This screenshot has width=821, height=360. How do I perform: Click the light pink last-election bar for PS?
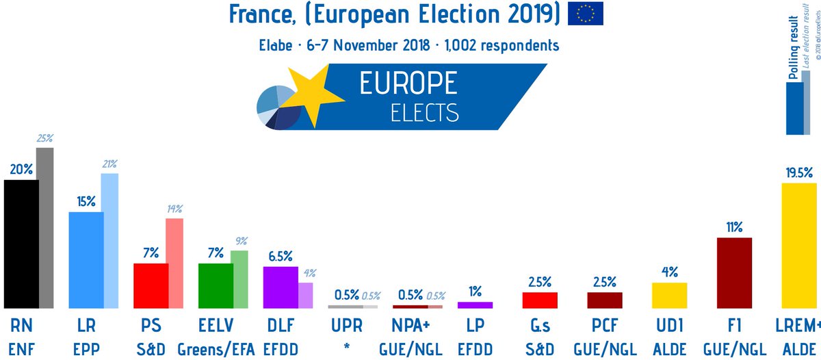click(x=174, y=263)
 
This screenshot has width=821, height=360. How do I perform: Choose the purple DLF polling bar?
click(x=280, y=287)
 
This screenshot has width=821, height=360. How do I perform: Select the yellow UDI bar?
click(x=669, y=296)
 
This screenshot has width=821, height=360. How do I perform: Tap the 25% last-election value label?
click(x=45, y=139)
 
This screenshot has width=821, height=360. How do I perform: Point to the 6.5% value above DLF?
click(x=280, y=257)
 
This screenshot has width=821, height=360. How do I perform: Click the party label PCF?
click(x=605, y=325)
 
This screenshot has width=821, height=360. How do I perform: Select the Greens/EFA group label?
click(x=216, y=349)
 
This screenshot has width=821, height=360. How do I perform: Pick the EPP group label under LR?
click(x=85, y=349)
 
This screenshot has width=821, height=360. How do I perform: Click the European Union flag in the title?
click(x=585, y=14)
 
